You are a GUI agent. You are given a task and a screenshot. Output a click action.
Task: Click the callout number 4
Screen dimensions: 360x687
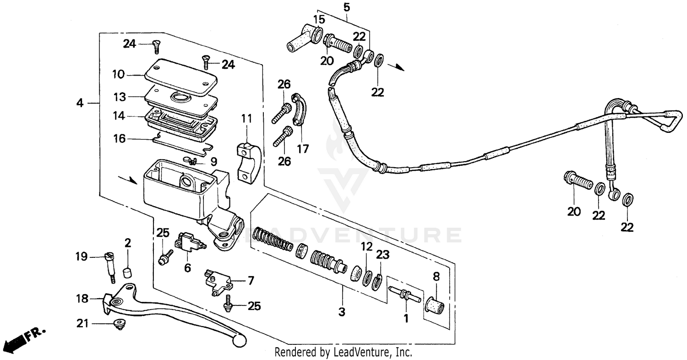coord(80,104)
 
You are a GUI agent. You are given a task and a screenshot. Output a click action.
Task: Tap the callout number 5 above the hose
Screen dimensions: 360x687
coord(346,7)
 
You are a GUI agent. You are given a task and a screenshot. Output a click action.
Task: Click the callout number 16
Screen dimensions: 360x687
coord(119,138)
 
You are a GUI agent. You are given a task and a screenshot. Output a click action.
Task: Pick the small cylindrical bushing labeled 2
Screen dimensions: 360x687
coord(128,273)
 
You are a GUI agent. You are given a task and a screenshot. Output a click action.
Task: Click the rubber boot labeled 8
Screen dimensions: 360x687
coord(434,306)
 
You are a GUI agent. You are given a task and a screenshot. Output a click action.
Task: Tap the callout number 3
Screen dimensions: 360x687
coord(342,312)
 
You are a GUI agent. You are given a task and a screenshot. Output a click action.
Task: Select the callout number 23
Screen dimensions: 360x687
coord(382,255)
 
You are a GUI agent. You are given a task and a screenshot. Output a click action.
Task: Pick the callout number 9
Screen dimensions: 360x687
coord(214,162)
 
